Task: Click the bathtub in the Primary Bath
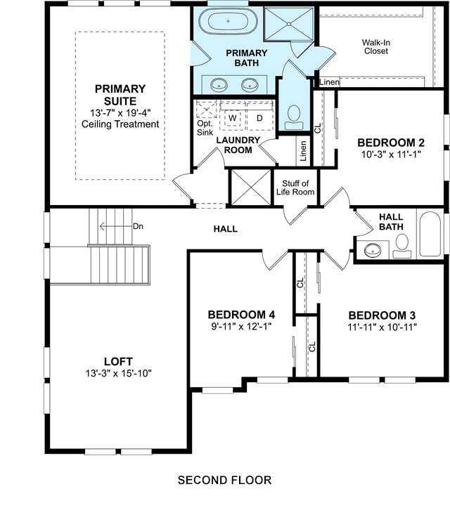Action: pyautogui.click(x=229, y=21)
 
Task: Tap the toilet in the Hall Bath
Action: pyautogui.click(x=401, y=247)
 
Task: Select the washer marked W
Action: pyautogui.click(x=233, y=117)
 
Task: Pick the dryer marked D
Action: pyautogui.click(x=259, y=117)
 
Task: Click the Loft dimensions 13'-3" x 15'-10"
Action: pyautogui.click(x=118, y=373)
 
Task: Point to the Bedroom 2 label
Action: pyautogui.click(x=391, y=143)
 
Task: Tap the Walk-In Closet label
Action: pyautogui.click(x=376, y=47)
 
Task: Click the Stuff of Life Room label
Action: pyautogui.click(x=295, y=188)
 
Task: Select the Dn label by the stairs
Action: pyautogui.click(x=138, y=226)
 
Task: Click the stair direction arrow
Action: pyautogui.click(x=116, y=226)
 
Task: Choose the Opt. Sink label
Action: pyautogui.click(x=205, y=128)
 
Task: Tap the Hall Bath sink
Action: pyautogui.click(x=373, y=250)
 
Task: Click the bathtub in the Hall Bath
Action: pyautogui.click(x=430, y=234)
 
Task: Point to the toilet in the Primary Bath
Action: pyautogui.click(x=294, y=117)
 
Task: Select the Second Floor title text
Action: pyautogui.click(x=224, y=480)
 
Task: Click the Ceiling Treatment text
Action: pyautogui.click(x=120, y=124)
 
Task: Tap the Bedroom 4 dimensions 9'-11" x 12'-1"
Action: pyautogui.click(x=241, y=326)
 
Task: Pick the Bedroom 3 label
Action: pyautogui.click(x=382, y=315)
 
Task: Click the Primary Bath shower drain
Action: pyautogui.click(x=289, y=24)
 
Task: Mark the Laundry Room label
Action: pyautogui.click(x=238, y=145)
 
